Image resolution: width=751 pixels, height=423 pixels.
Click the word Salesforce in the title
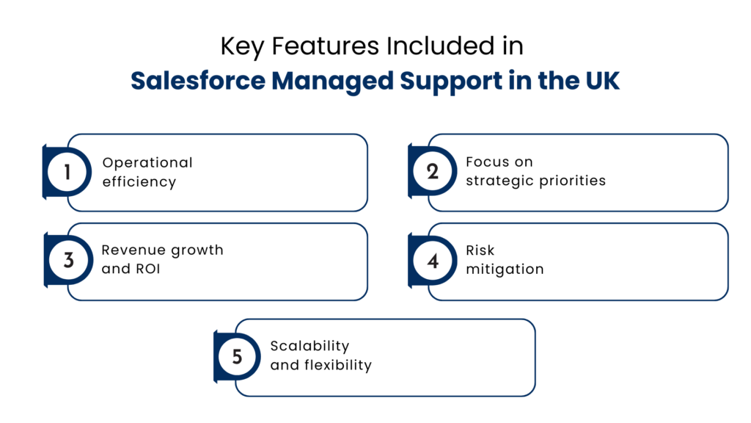tap(198, 81)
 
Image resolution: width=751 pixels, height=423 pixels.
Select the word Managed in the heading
tap(333, 82)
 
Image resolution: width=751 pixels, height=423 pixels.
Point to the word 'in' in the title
tap(517, 81)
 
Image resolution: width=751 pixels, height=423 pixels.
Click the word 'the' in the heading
tap(557, 81)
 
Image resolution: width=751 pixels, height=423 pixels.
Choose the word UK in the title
tap(603, 81)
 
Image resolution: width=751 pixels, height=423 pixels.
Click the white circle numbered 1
tap(67, 173)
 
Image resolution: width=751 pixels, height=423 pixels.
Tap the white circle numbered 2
tap(432, 173)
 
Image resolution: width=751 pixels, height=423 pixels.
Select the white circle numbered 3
tap(67, 261)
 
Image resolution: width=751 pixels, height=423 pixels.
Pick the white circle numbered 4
tap(432, 261)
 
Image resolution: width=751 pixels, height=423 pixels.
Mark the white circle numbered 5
tap(236, 357)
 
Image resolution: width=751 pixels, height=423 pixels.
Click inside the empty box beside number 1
tap(227, 173)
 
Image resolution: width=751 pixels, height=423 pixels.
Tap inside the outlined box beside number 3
tap(227, 261)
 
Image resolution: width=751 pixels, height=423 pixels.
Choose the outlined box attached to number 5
tap(396, 357)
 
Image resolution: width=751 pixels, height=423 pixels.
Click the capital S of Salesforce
tap(138, 81)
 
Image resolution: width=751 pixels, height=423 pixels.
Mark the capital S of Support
tap(408, 81)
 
